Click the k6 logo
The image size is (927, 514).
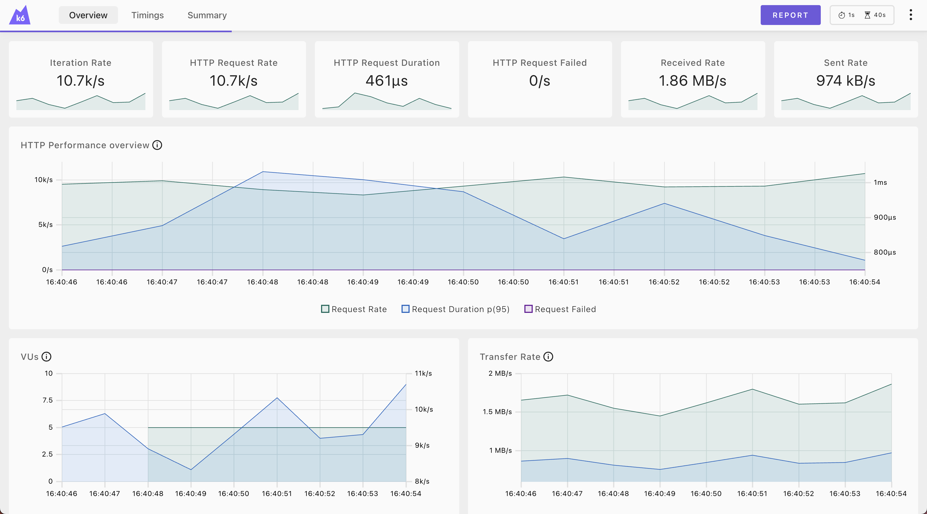click(20, 16)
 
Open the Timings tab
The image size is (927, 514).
click(147, 15)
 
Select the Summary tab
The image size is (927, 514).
click(207, 15)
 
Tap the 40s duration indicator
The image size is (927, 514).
click(875, 15)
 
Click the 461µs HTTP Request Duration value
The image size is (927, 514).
click(387, 81)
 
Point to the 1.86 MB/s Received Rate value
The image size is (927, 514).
click(692, 81)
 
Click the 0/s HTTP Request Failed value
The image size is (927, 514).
click(539, 81)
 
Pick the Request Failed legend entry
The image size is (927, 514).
click(560, 309)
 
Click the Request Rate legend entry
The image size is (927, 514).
click(354, 309)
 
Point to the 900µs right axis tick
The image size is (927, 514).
click(885, 217)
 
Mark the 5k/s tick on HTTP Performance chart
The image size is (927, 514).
click(45, 225)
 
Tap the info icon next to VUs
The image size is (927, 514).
click(46, 357)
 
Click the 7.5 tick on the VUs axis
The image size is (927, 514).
click(47, 400)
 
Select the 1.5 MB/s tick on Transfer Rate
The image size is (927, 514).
click(497, 412)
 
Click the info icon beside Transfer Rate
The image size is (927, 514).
click(548, 357)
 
